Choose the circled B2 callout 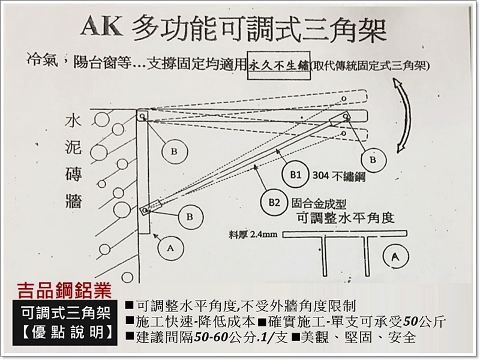click(x=272, y=202)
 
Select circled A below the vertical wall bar click(x=169, y=245)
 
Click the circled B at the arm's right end click(x=373, y=160)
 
